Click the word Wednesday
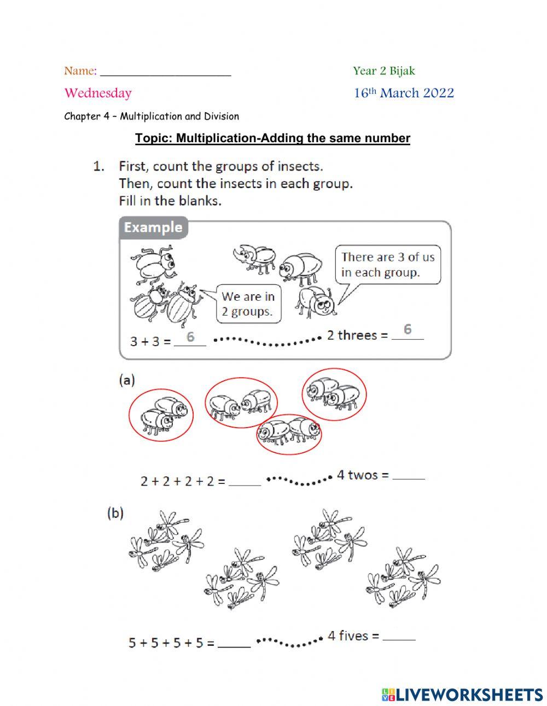point(98,93)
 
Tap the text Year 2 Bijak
point(383,71)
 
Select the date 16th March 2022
point(403,93)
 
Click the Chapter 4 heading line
point(152,116)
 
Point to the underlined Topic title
point(272,138)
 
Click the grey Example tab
point(153,227)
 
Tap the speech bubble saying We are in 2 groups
point(248,304)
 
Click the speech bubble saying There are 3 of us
point(388,265)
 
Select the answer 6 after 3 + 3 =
point(190,337)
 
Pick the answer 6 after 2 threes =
point(408,330)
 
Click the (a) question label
point(127,381)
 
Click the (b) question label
point(115,513)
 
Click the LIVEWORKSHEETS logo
point(462,695)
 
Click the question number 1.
point(98,166)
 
